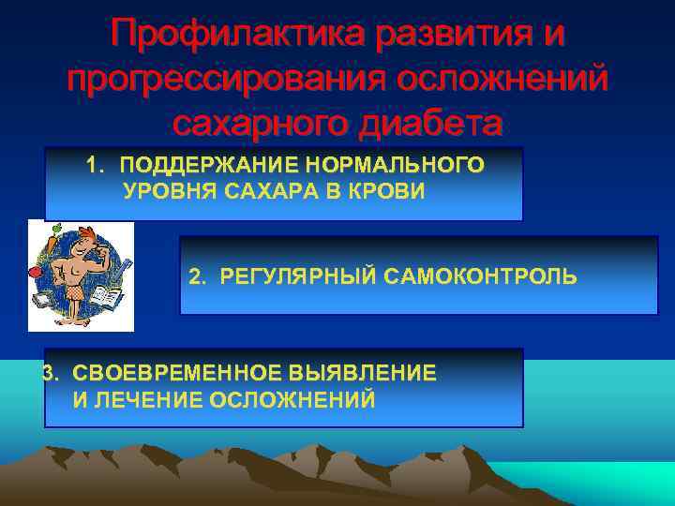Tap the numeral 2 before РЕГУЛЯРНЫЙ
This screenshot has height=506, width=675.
(x=195, y=277)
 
